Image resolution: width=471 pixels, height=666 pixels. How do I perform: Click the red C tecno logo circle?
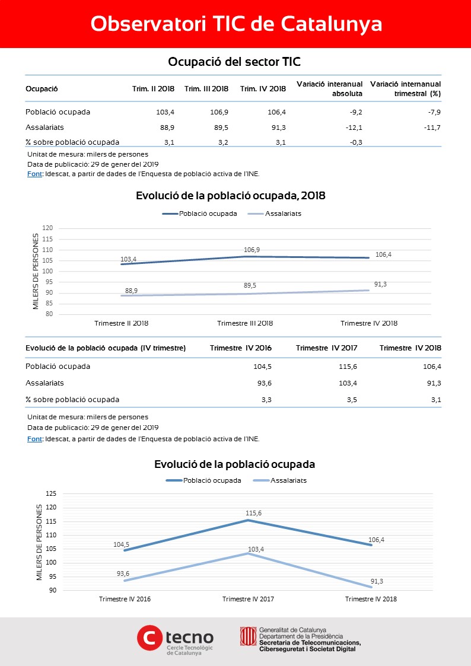click(149, 638)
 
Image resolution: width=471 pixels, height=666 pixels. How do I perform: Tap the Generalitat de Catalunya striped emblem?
click(248, 636)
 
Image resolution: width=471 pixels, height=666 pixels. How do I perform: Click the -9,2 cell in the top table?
click(355, 112)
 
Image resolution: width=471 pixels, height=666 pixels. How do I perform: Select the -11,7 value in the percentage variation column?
click(432, 128)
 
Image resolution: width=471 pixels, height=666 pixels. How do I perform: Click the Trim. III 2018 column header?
click(206, 89)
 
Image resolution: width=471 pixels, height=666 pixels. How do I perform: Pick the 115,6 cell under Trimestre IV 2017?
click(348, 367)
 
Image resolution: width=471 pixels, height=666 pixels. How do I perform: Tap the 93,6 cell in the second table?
click(264, 383)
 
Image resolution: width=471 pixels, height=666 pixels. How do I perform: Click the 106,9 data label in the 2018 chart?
click(252, 250)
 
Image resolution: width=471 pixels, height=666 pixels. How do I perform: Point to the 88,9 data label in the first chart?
click(131, 291)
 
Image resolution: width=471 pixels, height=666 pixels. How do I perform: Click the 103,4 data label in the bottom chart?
click(256, 549)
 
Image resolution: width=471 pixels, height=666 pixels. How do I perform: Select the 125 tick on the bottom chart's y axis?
click(51, 494)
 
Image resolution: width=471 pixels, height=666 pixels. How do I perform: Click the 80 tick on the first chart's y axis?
click(49, 314)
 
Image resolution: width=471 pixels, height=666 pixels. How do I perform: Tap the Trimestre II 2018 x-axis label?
click(122, 323)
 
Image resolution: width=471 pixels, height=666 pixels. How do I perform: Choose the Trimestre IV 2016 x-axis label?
click(125, 599)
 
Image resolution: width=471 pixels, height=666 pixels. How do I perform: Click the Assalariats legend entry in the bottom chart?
click(280, 480)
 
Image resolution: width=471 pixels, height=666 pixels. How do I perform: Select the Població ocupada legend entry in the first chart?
click(200, 213)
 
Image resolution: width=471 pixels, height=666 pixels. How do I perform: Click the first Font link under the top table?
click(34, 174)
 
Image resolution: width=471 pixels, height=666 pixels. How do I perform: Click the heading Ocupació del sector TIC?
click(234, 62)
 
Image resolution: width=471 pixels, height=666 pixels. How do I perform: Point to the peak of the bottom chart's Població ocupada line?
click(248, 520)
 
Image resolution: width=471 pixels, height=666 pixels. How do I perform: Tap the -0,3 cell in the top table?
click(355, 142)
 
